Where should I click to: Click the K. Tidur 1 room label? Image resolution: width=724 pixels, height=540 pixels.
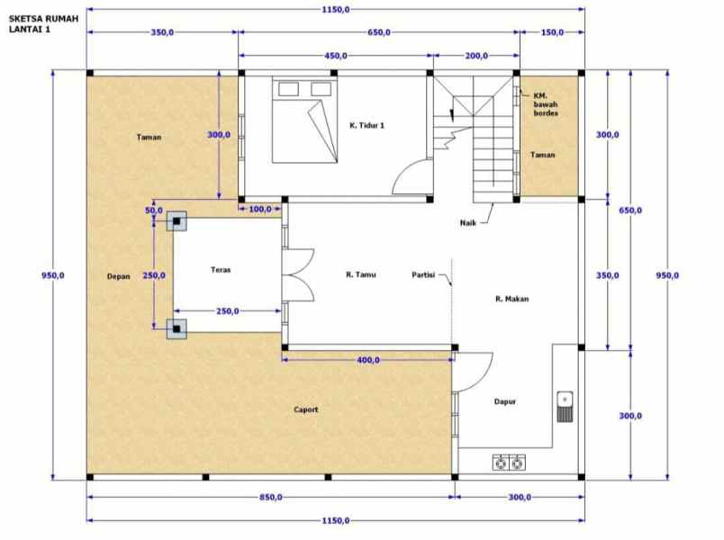pos(367,125)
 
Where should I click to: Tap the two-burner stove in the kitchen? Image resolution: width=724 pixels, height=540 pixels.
pos(509,463)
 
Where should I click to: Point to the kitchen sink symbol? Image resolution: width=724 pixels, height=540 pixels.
pos(565,407)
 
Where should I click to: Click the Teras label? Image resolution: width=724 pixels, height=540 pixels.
pos(222,269)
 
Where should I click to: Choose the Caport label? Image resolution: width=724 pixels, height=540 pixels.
pos(306,409)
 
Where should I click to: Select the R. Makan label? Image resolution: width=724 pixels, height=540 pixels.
pos(511,298)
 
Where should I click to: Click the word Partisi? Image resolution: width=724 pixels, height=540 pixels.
pos(424,274)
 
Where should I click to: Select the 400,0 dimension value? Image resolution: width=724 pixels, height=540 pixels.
pos(367,360)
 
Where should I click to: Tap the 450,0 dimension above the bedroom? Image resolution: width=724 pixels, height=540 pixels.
pos(334,56)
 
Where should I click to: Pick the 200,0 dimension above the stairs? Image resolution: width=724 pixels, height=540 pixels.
pos(475,56)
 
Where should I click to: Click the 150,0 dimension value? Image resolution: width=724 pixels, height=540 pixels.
pos(550,32)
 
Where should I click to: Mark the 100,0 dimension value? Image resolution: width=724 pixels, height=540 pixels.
pos(261,210)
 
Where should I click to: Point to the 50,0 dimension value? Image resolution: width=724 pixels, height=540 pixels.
pos(153,211)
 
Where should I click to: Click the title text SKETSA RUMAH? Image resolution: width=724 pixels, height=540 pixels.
pos(42,15)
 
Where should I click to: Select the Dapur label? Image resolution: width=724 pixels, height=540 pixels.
pos(504,402)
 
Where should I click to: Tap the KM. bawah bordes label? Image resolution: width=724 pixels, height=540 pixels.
pos(545,103)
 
